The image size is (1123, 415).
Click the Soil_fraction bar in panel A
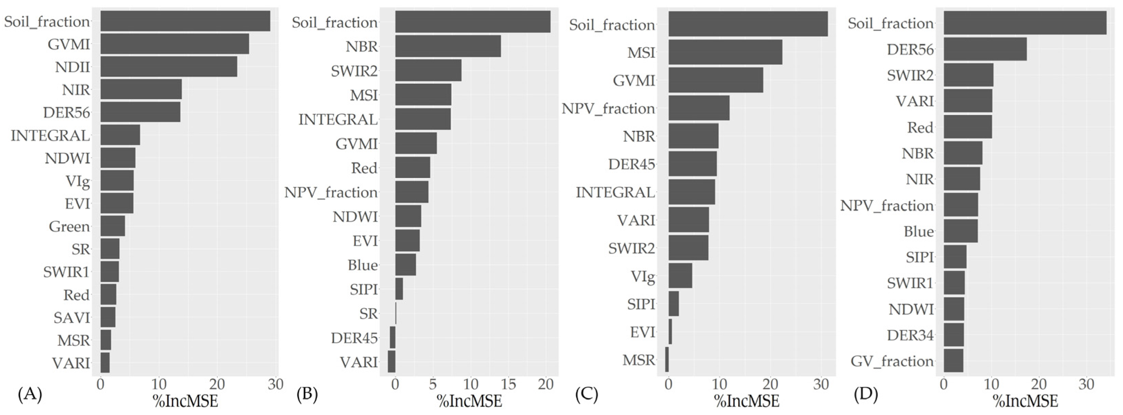coord(185,21)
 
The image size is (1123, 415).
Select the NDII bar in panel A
coord(169,67)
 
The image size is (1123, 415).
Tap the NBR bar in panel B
coord(448,46)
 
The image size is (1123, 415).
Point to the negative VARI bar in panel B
coord(391,361)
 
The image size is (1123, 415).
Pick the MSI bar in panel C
coord(725,52)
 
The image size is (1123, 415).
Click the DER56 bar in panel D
coord(985,49)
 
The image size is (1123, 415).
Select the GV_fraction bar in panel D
coord(953,361)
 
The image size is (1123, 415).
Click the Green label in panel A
coord(69,227)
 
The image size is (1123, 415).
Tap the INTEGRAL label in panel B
coord(338,119)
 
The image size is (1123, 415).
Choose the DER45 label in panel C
coord(631,164)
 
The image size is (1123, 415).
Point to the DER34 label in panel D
coord(910,335)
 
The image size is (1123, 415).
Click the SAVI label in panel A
coord(72,318)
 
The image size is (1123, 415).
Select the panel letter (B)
coord(307,394)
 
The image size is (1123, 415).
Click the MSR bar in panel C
coord(667,360)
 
